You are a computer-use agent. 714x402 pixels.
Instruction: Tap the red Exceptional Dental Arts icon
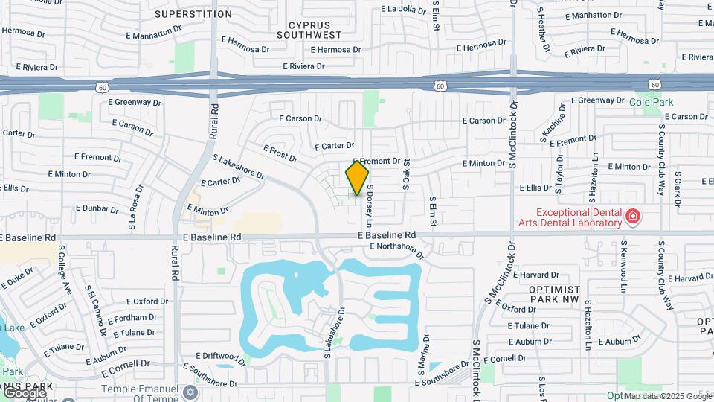click(x=632, y=217)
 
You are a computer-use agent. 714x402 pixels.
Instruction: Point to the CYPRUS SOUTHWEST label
click(x=309, y=29)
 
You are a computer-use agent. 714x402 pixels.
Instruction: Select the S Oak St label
click(x=407, y=178)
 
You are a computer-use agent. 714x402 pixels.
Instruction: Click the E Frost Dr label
click(x=279, y=153)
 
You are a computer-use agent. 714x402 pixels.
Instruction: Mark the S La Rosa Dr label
click(x=133, y=212)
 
